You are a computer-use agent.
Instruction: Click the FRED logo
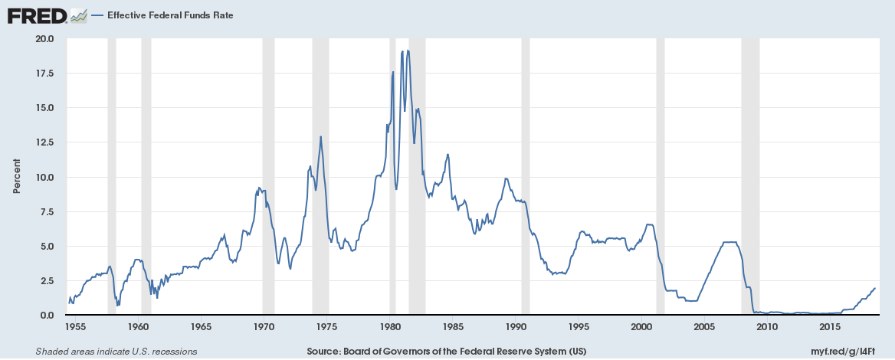[36, 15]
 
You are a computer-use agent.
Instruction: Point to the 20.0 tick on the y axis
[44, 38]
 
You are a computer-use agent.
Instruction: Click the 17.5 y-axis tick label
[44, 73]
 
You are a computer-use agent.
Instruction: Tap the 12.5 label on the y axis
[44, 142]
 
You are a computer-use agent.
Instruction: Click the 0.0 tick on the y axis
[46, 315]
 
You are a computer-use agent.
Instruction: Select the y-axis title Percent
[16, 177]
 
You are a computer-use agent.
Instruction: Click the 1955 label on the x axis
[75, 327]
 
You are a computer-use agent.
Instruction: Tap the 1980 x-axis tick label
[390, 327]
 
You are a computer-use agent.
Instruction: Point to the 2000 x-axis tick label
[641, 327]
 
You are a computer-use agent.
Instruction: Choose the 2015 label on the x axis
[831, 327]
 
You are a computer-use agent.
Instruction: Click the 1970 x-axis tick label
[264, 327]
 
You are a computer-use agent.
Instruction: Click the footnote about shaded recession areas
[116, 352]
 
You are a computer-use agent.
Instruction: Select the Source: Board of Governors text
[447, 352]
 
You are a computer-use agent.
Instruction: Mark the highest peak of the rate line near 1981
[408, 51]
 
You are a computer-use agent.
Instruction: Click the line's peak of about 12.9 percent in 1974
[320, 136]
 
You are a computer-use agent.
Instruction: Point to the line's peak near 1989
[506, 178]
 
